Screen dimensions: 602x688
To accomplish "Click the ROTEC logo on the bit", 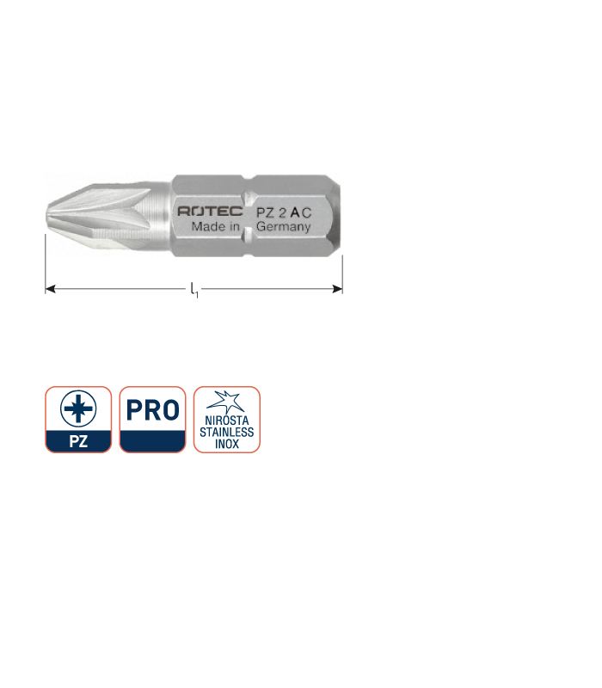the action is click(210, 211).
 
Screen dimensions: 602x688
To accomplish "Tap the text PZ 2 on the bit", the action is click(271, 212).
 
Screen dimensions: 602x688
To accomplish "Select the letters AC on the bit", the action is click(301, 212).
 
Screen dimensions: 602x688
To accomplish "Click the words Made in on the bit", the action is click(216, 226).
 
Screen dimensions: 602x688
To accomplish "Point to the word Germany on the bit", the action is click(284, 227).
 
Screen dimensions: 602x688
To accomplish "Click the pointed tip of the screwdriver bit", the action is click(47, 215).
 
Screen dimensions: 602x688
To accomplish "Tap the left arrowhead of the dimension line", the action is click(51, 289).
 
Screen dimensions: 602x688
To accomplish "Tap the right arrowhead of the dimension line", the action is click(337, 289).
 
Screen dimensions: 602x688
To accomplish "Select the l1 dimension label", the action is click(194, 290).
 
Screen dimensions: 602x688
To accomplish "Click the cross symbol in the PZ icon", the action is click(78, 408).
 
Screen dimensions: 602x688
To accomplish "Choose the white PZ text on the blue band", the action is click(78, 441).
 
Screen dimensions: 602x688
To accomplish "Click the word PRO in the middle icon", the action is click(153, 410).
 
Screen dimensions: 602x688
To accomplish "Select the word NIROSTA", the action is click(227, 421).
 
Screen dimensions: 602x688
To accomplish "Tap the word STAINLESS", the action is click(227, 433).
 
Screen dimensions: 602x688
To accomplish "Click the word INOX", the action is click(227, 444).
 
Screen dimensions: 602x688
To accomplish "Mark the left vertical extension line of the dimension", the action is click(46, 264).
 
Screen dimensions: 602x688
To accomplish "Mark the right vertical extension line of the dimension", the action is click(342, 274).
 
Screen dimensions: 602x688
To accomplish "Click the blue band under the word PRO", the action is click(153, 441).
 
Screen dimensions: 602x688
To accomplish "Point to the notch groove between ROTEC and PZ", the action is click(249, 216).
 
